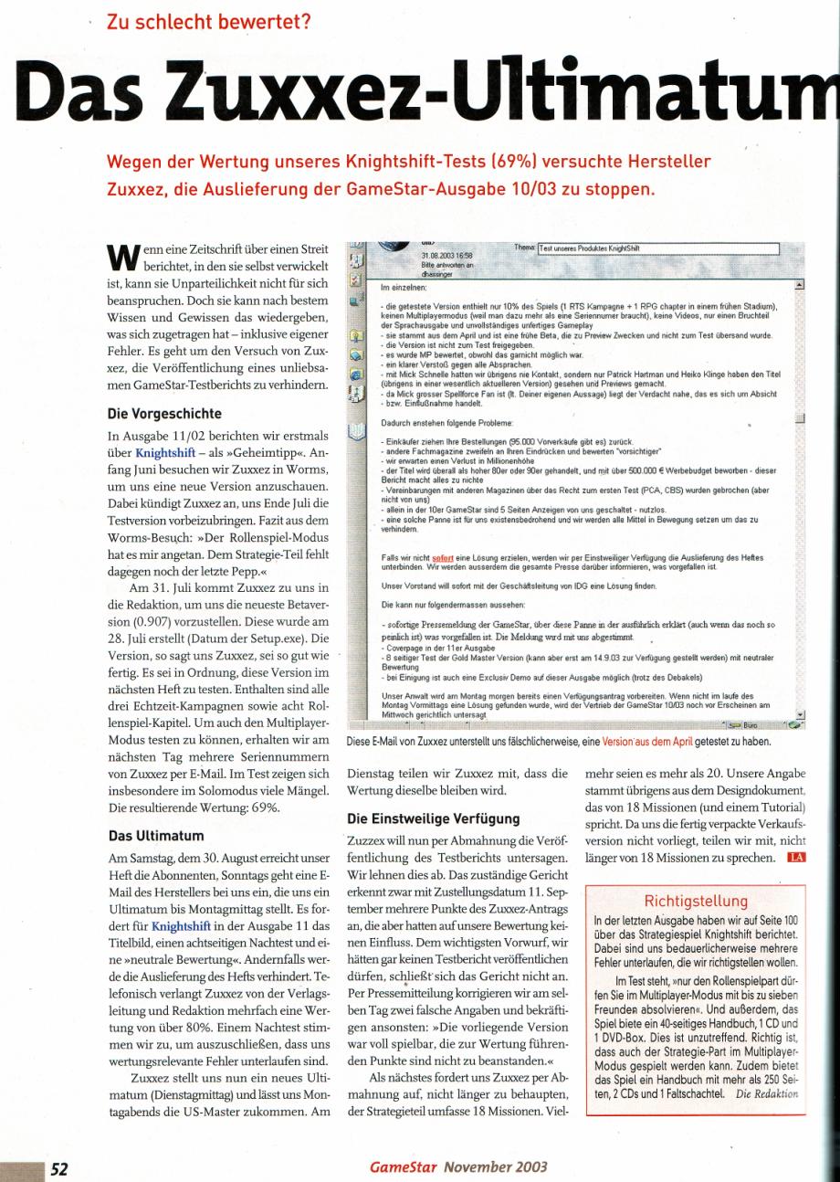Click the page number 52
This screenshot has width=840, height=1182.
click(59, 1166)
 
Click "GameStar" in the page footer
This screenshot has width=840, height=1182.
click(402, 1166)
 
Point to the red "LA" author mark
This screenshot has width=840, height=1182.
click(797, 857)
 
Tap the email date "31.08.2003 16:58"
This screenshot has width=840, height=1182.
click(442, 256)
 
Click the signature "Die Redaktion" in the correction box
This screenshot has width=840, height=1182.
click(774, 1092)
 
